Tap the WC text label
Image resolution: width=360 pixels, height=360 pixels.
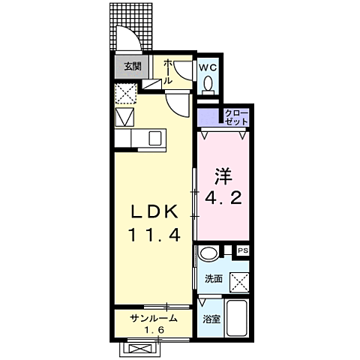(208, 66)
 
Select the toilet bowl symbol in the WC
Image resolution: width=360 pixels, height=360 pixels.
(209, 83)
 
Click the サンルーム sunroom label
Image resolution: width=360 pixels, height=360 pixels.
(154, 318)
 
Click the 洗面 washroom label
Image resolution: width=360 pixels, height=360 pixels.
(214, 279)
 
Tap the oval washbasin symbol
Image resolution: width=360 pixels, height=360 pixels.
(211, 253)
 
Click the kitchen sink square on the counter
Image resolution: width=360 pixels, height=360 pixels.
(155, 139)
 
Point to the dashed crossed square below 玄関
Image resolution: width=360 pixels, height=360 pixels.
(124, 94)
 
